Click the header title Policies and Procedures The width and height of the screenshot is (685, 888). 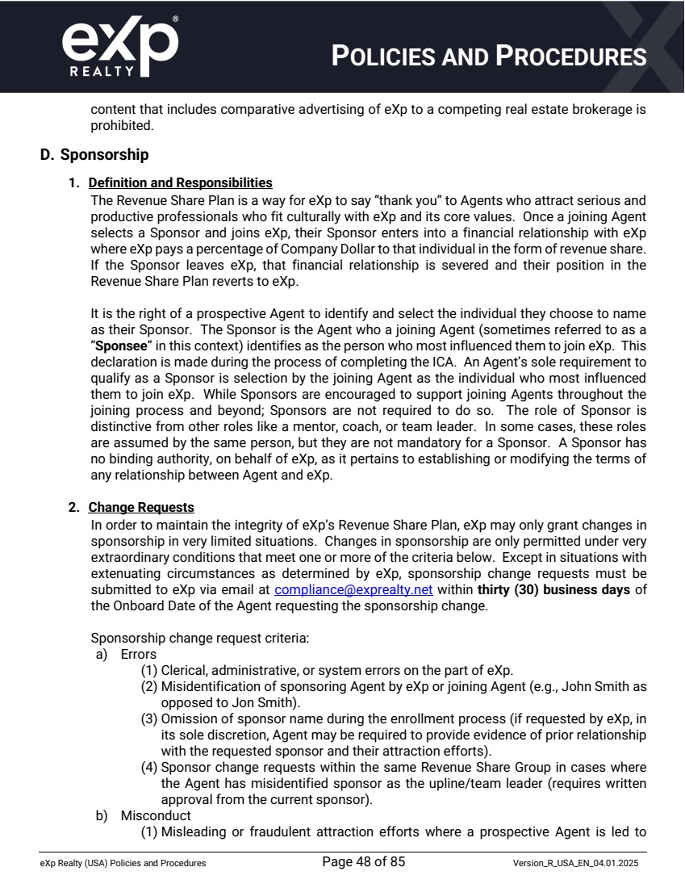(490, 57)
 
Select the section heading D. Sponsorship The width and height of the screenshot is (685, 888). (94, 153)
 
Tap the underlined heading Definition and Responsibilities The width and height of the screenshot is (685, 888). (180, 183)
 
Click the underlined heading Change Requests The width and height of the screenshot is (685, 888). (141, 508)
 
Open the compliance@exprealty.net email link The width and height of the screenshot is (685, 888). (353, 590)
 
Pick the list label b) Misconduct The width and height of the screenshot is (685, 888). (143, 816)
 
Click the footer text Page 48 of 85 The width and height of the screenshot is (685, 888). (363, 862)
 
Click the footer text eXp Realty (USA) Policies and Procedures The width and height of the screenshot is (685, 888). (123, 864)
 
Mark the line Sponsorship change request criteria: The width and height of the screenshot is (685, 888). (199, 638)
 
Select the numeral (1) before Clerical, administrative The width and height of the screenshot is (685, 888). (150, 671)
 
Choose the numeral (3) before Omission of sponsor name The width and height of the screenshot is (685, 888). (150, 718)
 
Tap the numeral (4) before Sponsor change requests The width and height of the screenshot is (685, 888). (150, 767)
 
